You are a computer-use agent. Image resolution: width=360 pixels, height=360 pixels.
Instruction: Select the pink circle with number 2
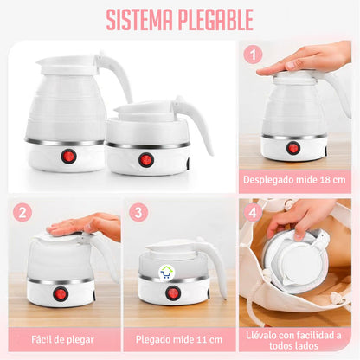(23, 212)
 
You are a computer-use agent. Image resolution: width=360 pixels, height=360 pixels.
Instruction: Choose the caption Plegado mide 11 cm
(179, 338)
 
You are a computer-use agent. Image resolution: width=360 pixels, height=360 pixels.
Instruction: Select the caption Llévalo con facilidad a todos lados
(295, 338)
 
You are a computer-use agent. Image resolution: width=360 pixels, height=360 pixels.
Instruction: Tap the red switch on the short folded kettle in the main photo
(146, 160)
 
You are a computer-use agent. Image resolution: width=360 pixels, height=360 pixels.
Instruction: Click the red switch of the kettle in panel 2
(61, 293)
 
